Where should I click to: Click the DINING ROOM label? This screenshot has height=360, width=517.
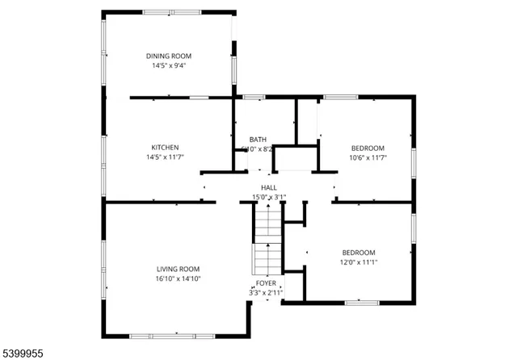[169, 56]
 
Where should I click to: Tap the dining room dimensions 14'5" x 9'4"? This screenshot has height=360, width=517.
[169, 65]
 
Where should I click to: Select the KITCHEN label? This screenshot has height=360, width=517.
[165, 147]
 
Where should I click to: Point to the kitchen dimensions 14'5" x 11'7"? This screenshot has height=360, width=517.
[165, 157]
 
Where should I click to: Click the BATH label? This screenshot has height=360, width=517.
[258, 139]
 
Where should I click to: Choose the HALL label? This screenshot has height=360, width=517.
[269, 187]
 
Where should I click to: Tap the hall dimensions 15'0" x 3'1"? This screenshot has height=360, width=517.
[269, 197]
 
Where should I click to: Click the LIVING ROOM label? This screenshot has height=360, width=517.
[178, 269]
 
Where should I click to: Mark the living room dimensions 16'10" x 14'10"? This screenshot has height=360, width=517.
[178, 278]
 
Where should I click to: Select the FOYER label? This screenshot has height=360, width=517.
[267, 283]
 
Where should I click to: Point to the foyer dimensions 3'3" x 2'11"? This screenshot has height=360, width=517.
[267, 293]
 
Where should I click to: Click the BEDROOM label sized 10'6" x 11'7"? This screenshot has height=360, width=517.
[368, 148]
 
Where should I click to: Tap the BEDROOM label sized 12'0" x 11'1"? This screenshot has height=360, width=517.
[358, 252]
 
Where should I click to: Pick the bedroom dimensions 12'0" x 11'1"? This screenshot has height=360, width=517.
[358, 262]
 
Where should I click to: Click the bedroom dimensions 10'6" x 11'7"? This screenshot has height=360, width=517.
[368, 157]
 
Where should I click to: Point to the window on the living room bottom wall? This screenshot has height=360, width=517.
[170, 335]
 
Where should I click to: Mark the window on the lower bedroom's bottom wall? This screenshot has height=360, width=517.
[362, 303]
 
